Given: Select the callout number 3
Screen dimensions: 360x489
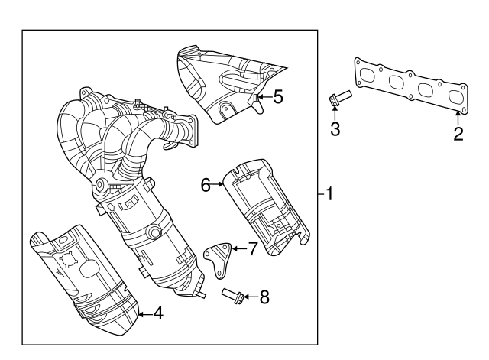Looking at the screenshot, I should coord(335,128).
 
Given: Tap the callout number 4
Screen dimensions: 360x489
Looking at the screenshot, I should coord(157,312).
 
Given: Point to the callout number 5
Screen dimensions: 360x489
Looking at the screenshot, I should coord(278,96).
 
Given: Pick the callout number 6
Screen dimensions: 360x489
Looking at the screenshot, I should coord(206,183).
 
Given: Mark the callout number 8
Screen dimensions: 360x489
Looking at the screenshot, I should coord(264,296).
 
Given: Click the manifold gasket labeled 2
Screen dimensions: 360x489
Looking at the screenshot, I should coord(411,86).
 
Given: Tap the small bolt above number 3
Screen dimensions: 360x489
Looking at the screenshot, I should coord(338,98).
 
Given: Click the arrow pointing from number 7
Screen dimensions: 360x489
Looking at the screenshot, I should coord(238,249).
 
